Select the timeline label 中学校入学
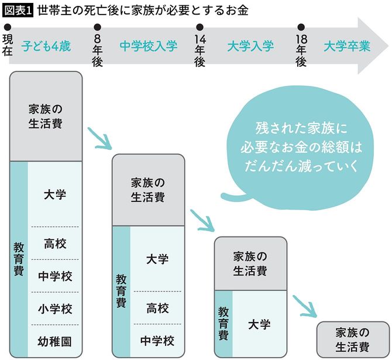tap(148, 46)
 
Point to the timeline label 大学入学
tap(250, 46)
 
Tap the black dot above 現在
tap(7, 27)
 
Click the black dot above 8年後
tap(97, 27)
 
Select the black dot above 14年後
tap(200, 27)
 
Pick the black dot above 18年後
tap(301, 27)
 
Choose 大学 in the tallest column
tap(54, 195)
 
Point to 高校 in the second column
tap(157, 307)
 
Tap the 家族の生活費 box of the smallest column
tap(352, 339)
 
